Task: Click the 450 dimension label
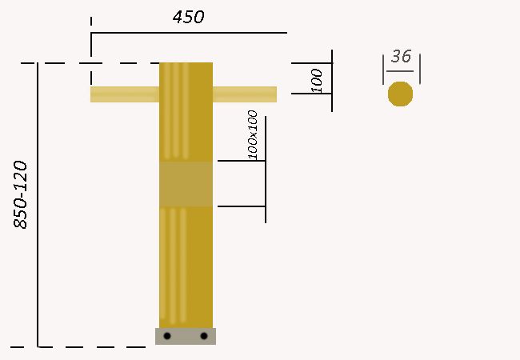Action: click(x=188, y=17)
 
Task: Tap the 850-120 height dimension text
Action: click(x=21, y=195)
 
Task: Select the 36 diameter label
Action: click(x=402, y=56)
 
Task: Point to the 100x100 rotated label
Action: click(x=253, y=135)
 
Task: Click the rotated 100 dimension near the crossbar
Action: click(x=317, y=81)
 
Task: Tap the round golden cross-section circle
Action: click(x=400, y=94)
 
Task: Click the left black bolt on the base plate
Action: click(x=167, y=336)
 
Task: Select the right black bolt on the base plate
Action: click(x=204, y=336)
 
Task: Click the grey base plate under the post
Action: click(x=186, y=337)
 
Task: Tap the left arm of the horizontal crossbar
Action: click(x=125, y=94)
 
